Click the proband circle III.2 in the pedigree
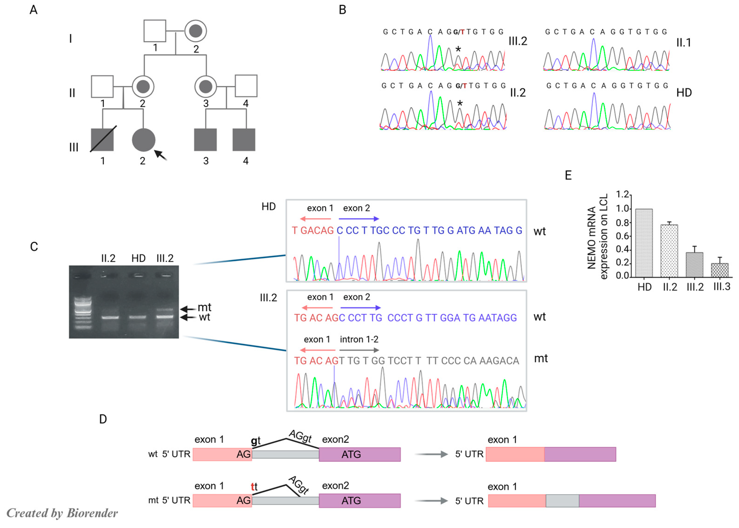pyautogui.click(x=143, y=140)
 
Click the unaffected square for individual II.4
pyautogui.click(x=246, y=86)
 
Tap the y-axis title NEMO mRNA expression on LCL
pyautogui.click(x=597, y=237)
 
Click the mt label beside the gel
pyautogui.click(x=205, y=307)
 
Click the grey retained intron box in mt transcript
pyautogui.click(x=562, y=501)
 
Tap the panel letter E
pyautogui.click(x=568, y=176)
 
